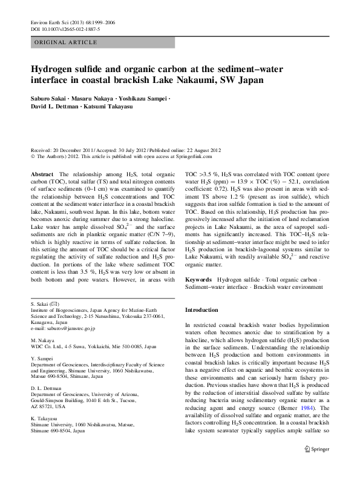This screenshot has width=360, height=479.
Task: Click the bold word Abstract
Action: (x=45, y=174)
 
